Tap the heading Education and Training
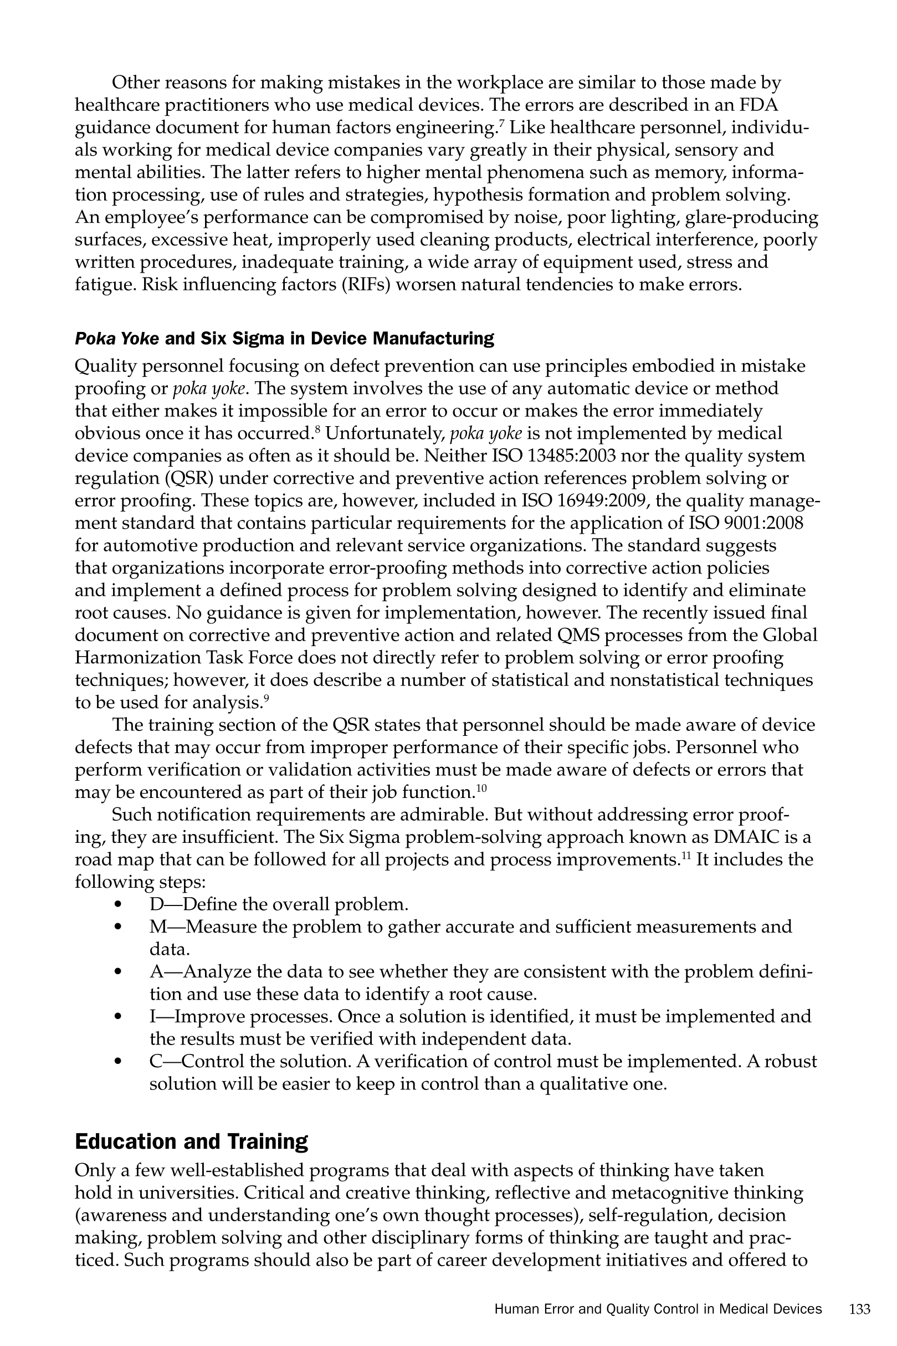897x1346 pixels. click(191, 1140)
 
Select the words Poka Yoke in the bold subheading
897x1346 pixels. click(117, 339)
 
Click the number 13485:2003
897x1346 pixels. click(578, 456)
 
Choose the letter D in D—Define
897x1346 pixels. click(156, 904)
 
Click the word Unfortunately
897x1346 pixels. click(385, 433)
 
